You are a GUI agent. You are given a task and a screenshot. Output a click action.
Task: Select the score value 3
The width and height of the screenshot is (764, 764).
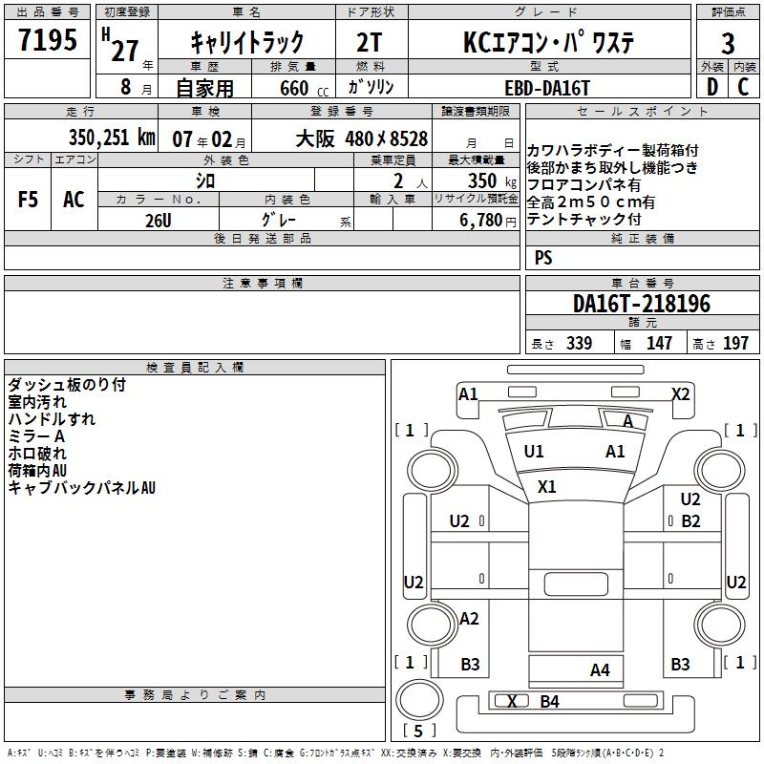pos(728,43)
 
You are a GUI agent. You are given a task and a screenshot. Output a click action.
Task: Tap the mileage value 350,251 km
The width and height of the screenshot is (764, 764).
pos(112,138)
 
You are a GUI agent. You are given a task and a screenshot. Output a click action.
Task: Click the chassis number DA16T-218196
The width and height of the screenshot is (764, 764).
pos(642,304)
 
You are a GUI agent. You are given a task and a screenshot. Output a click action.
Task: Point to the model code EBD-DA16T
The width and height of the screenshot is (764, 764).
pos(547,88)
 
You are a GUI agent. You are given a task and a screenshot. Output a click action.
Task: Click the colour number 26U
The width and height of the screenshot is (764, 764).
pos(159,221)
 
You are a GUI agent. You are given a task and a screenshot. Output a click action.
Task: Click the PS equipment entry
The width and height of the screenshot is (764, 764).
pos(543,257)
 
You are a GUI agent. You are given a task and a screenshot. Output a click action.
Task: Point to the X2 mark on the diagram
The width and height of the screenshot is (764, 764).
pos(680,393)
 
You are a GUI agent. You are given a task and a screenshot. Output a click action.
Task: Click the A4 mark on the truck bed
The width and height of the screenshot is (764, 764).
pos(600,669)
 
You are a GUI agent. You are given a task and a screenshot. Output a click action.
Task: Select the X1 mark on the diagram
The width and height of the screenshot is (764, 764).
pos(546,486)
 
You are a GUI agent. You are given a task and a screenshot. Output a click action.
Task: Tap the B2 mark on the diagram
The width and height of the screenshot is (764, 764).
pos(690,520)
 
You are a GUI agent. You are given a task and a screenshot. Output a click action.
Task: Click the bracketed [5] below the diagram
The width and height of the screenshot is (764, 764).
pos(418,731)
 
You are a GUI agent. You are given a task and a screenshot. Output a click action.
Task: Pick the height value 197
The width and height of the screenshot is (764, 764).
pos(736,344)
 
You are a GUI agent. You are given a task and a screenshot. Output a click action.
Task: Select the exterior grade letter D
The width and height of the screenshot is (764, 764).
pos(711,87)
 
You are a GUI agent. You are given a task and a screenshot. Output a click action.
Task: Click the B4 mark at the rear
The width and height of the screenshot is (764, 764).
pos(549,702)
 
